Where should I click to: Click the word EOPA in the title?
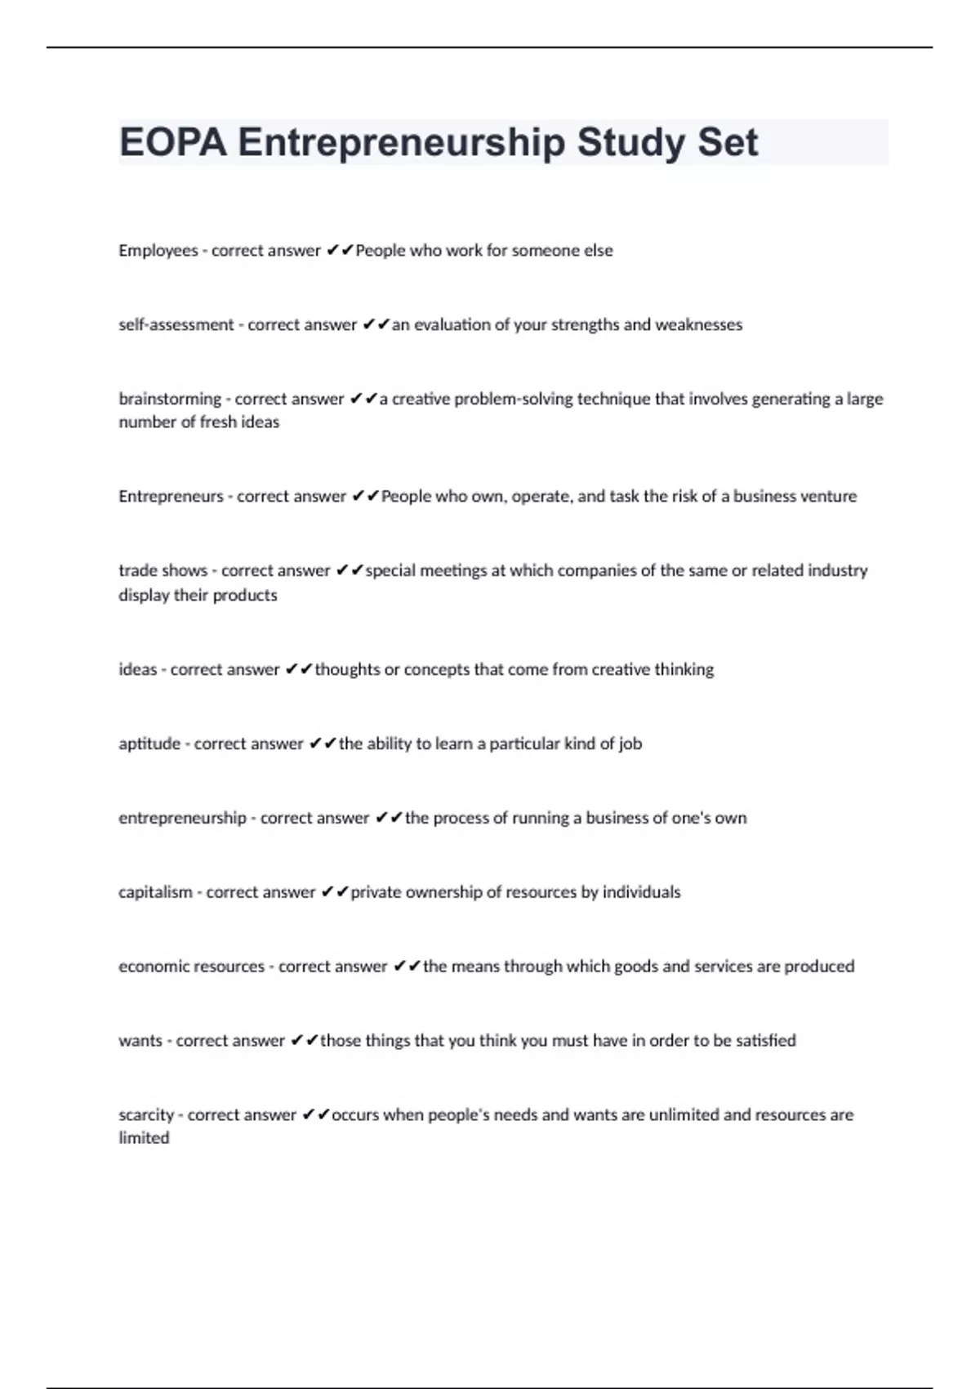[x=172, y=142]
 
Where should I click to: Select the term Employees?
[x=158, y=251]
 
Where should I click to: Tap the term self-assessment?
[x=176, y=325]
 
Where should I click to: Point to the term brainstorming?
[x=169, y=400]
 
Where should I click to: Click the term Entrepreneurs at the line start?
[x=170, y=497]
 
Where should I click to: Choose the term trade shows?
[x=163, y=570]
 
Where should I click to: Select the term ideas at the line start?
[x=137, y=670]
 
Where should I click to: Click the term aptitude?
[x=149, y=744]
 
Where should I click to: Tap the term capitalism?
[x=155, y=892]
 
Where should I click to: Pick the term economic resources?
[x=191, y=967]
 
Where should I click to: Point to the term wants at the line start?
[x=140, y=1041]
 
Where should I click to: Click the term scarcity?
[x=146, y=1115]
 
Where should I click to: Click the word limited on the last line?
[x=144, y=1138]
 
